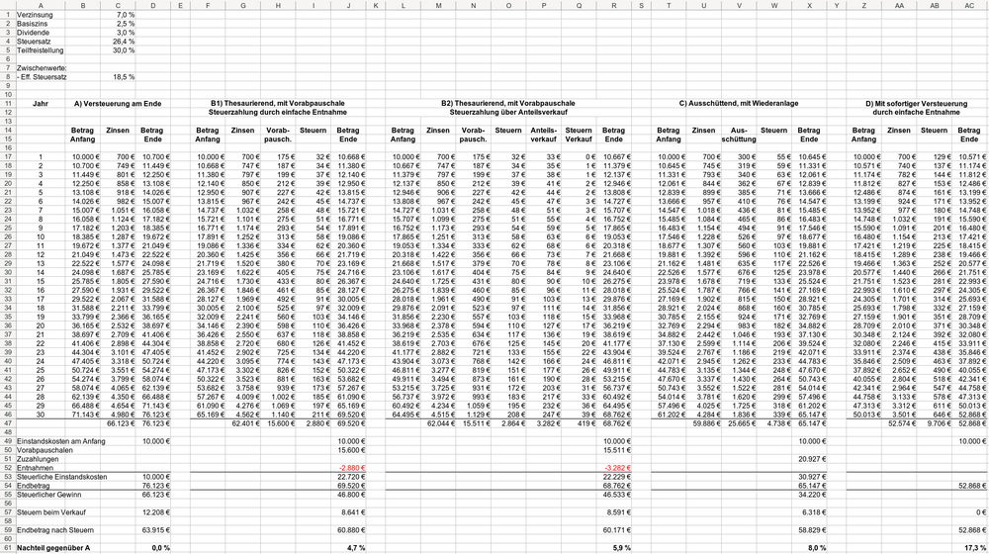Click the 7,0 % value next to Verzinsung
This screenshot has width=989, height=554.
124,16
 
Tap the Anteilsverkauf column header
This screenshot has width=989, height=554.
545,133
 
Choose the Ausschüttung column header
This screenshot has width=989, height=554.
738,133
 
